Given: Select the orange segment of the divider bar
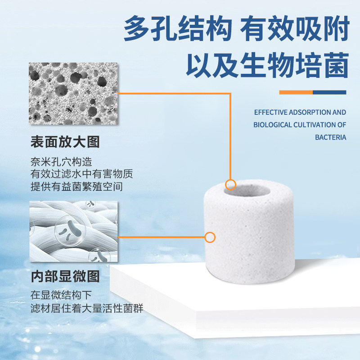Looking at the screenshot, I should click(x=296, y=92).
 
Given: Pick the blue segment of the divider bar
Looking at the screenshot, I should click(x=329, y=92).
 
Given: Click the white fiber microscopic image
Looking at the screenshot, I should click(x=73, y=231).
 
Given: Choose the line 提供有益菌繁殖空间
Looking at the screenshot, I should click(x=76, y=186).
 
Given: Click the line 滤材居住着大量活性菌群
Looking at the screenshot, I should click(x=87, y=308).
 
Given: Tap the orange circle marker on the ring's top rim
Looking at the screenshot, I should click(x=230, y=184).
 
